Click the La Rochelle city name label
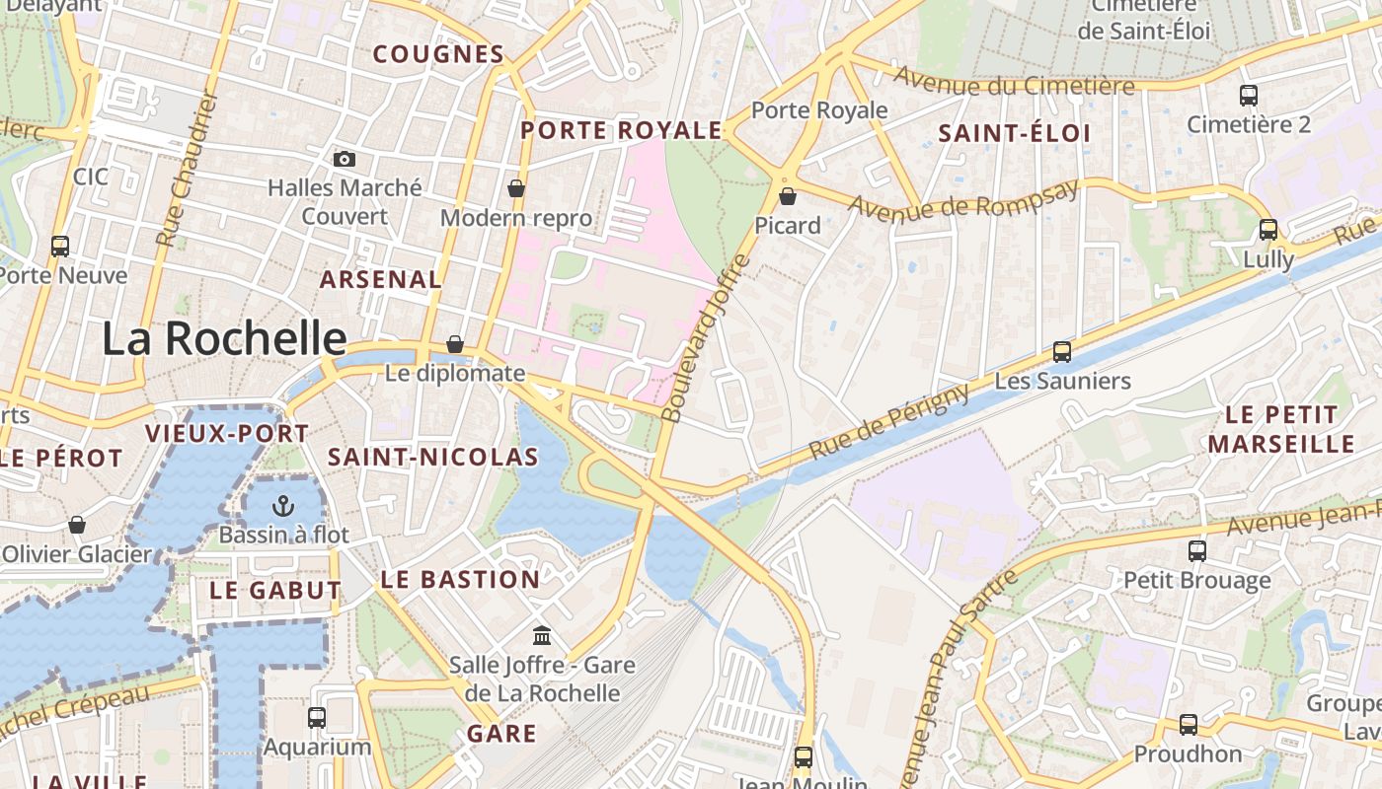pos(224,339)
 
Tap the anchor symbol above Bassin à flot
pos(283,507)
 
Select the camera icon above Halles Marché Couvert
pos(344,159)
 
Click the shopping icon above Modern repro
pos(515,188)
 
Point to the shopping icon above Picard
pos(787,196)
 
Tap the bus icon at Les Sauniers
pos(1062,352)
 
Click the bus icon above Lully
pos(1268,230)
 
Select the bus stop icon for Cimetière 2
pos(1249,96)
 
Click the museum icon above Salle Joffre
pos(542,636)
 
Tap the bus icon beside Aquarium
pos(317,718)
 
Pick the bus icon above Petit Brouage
pos(1197,551)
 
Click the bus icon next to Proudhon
pos(1189,725)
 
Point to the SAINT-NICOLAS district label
pos(432,457)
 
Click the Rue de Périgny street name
pos(889,422)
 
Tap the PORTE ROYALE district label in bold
pos(622,130)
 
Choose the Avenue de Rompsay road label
pos(962,203)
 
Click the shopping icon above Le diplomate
pos(454,344)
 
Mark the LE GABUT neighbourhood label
pos(275,591)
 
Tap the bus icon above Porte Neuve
pos(60,246)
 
